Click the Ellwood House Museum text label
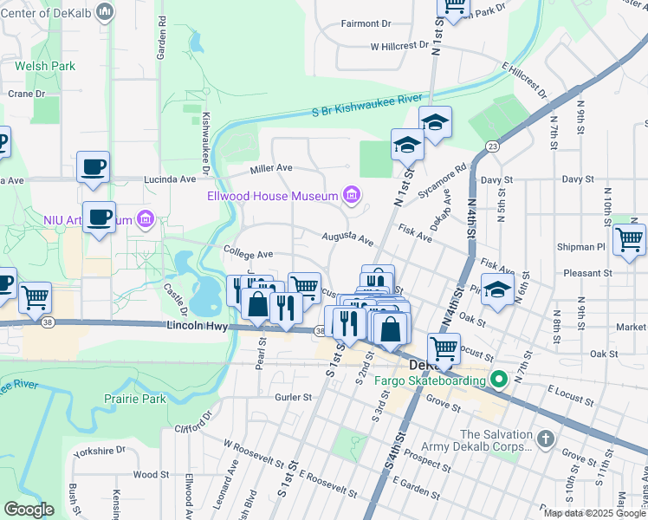(271, 196)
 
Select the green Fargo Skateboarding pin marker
(498, 379)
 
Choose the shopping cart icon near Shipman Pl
(629, 238)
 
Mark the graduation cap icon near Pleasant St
(497, 289)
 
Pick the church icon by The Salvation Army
(543, 439)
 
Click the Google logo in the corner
(29, 510)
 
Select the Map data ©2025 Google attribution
(594, 513)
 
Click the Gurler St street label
(293, 397)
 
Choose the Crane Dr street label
(26, 94)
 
